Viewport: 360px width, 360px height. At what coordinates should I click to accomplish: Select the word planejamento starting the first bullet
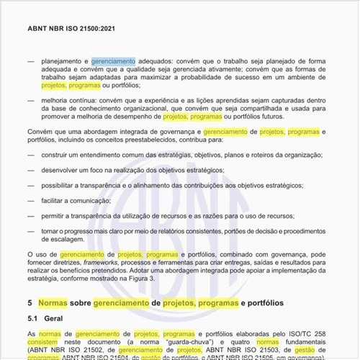(63, 63)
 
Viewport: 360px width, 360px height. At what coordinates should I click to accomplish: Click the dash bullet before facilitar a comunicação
(30, 200)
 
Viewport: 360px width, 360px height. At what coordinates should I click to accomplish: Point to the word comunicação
(100, 200)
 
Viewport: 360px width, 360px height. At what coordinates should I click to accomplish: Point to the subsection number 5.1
(34, 318)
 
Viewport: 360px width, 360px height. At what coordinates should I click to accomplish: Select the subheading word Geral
(59, 318)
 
